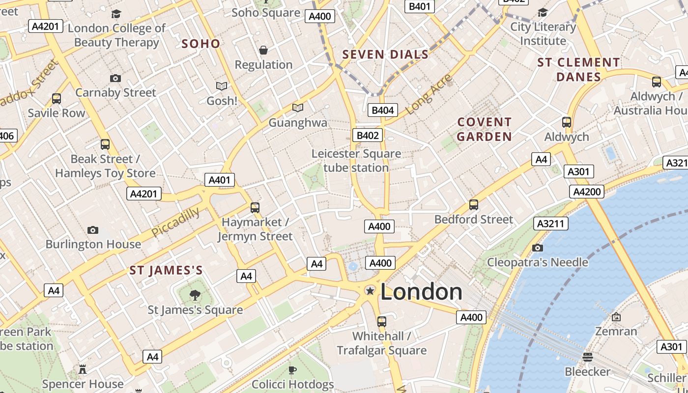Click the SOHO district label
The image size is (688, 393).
click(201, 44)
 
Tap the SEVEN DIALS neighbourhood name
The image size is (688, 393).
click(385, 55)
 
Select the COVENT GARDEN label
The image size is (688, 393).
click(485, 129)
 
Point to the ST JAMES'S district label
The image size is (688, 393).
click(166, 270)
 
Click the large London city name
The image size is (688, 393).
click(421, 292)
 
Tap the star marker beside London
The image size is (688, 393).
click(370, 291)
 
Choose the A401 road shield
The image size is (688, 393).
click(219, 180)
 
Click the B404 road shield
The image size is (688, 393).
click(382, 110)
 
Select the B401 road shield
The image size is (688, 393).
click(419, 6)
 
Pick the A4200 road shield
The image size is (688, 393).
click(587, 192)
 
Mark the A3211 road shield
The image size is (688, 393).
click(551, 224)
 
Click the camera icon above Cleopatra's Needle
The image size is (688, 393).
click(538, 248)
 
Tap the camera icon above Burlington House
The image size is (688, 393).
click(93, 230)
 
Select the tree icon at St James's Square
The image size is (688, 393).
click(195, 295)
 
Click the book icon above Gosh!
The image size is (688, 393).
click(222, 86)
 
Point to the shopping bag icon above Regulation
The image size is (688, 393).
click(263, 50)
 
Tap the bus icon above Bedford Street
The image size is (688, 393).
click(474, 204)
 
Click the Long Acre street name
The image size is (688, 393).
click(429, 94)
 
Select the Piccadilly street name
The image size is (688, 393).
click(175, 222)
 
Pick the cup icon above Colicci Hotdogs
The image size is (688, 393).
click(292, 369)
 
